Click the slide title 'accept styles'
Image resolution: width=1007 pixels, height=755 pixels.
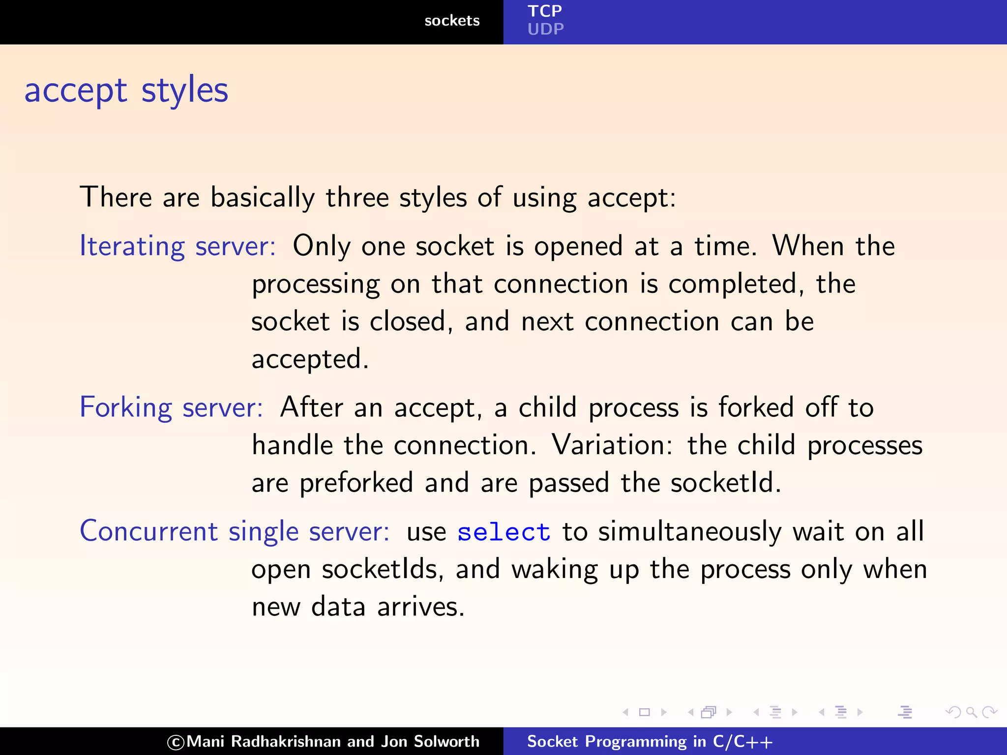click(126, 90)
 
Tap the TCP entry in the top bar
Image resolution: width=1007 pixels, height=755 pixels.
click(544, 11)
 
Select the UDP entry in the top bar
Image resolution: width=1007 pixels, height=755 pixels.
click(545, 29)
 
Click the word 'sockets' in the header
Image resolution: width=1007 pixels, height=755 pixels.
click(451, 21)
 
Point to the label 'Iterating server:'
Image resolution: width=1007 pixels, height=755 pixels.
click(178, 246)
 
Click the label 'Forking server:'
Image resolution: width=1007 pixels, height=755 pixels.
click(171, 407)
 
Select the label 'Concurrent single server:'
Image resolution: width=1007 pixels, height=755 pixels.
click(235, 531)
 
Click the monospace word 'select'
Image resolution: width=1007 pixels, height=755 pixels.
click(503, 532)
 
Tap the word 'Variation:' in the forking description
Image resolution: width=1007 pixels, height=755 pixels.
click(612, 445)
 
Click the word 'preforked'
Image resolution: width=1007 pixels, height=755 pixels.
click(356, 483)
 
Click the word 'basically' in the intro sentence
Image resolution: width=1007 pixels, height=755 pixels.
click(263, 198)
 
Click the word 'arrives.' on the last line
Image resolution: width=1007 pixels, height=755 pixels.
click(420, 607)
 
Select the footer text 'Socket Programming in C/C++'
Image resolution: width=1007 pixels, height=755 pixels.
click(649, 741)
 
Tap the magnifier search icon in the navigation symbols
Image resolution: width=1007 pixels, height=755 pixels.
click(971, 712)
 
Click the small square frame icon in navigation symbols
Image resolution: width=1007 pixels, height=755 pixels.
click(644, 712)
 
